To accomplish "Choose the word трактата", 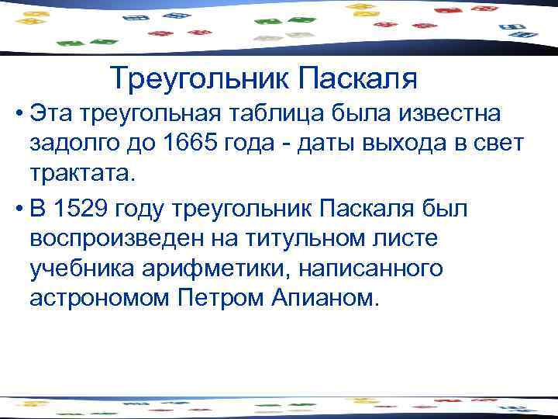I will pyautogui.click(x=84, y=173).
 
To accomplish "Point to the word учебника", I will pyautogui.click(x=81, y=268).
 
